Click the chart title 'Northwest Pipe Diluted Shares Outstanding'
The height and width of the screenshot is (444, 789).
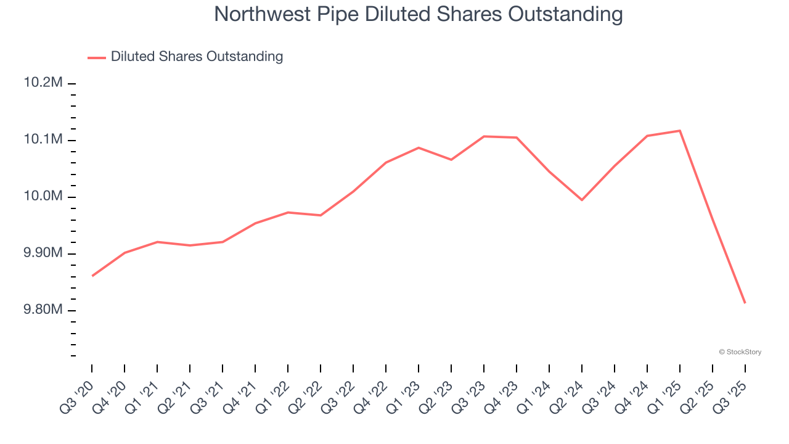418,14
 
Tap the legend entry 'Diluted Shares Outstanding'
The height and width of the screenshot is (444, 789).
197,57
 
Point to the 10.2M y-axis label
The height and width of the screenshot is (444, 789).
43,83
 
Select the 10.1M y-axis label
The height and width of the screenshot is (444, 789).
43,140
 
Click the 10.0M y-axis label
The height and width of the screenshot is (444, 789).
43,197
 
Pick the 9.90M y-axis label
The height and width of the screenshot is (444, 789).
43,253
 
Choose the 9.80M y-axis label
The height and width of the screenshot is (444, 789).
43,310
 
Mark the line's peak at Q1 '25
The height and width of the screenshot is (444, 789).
680,131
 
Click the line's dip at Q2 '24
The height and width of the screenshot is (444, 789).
582,200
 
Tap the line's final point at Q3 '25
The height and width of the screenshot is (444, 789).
745,303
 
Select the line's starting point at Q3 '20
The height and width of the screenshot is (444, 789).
92,276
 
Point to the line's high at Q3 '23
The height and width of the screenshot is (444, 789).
484,136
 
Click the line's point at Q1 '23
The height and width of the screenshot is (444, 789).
419,147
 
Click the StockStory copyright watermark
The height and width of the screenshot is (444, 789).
740,352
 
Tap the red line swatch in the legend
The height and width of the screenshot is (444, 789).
97,57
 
